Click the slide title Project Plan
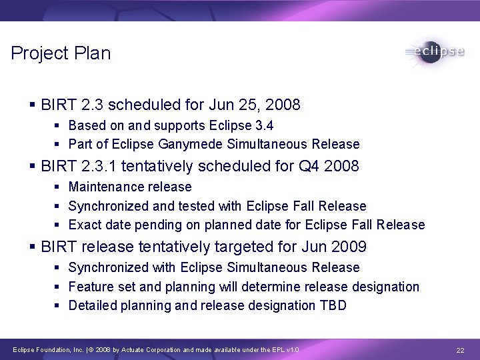click(x=61, y=54)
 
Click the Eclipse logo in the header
click(x=434, y=51)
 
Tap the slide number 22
click(x=459, y=351)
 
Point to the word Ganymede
click(x=193, y=144)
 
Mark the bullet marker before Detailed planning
click(x=59, y=305)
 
